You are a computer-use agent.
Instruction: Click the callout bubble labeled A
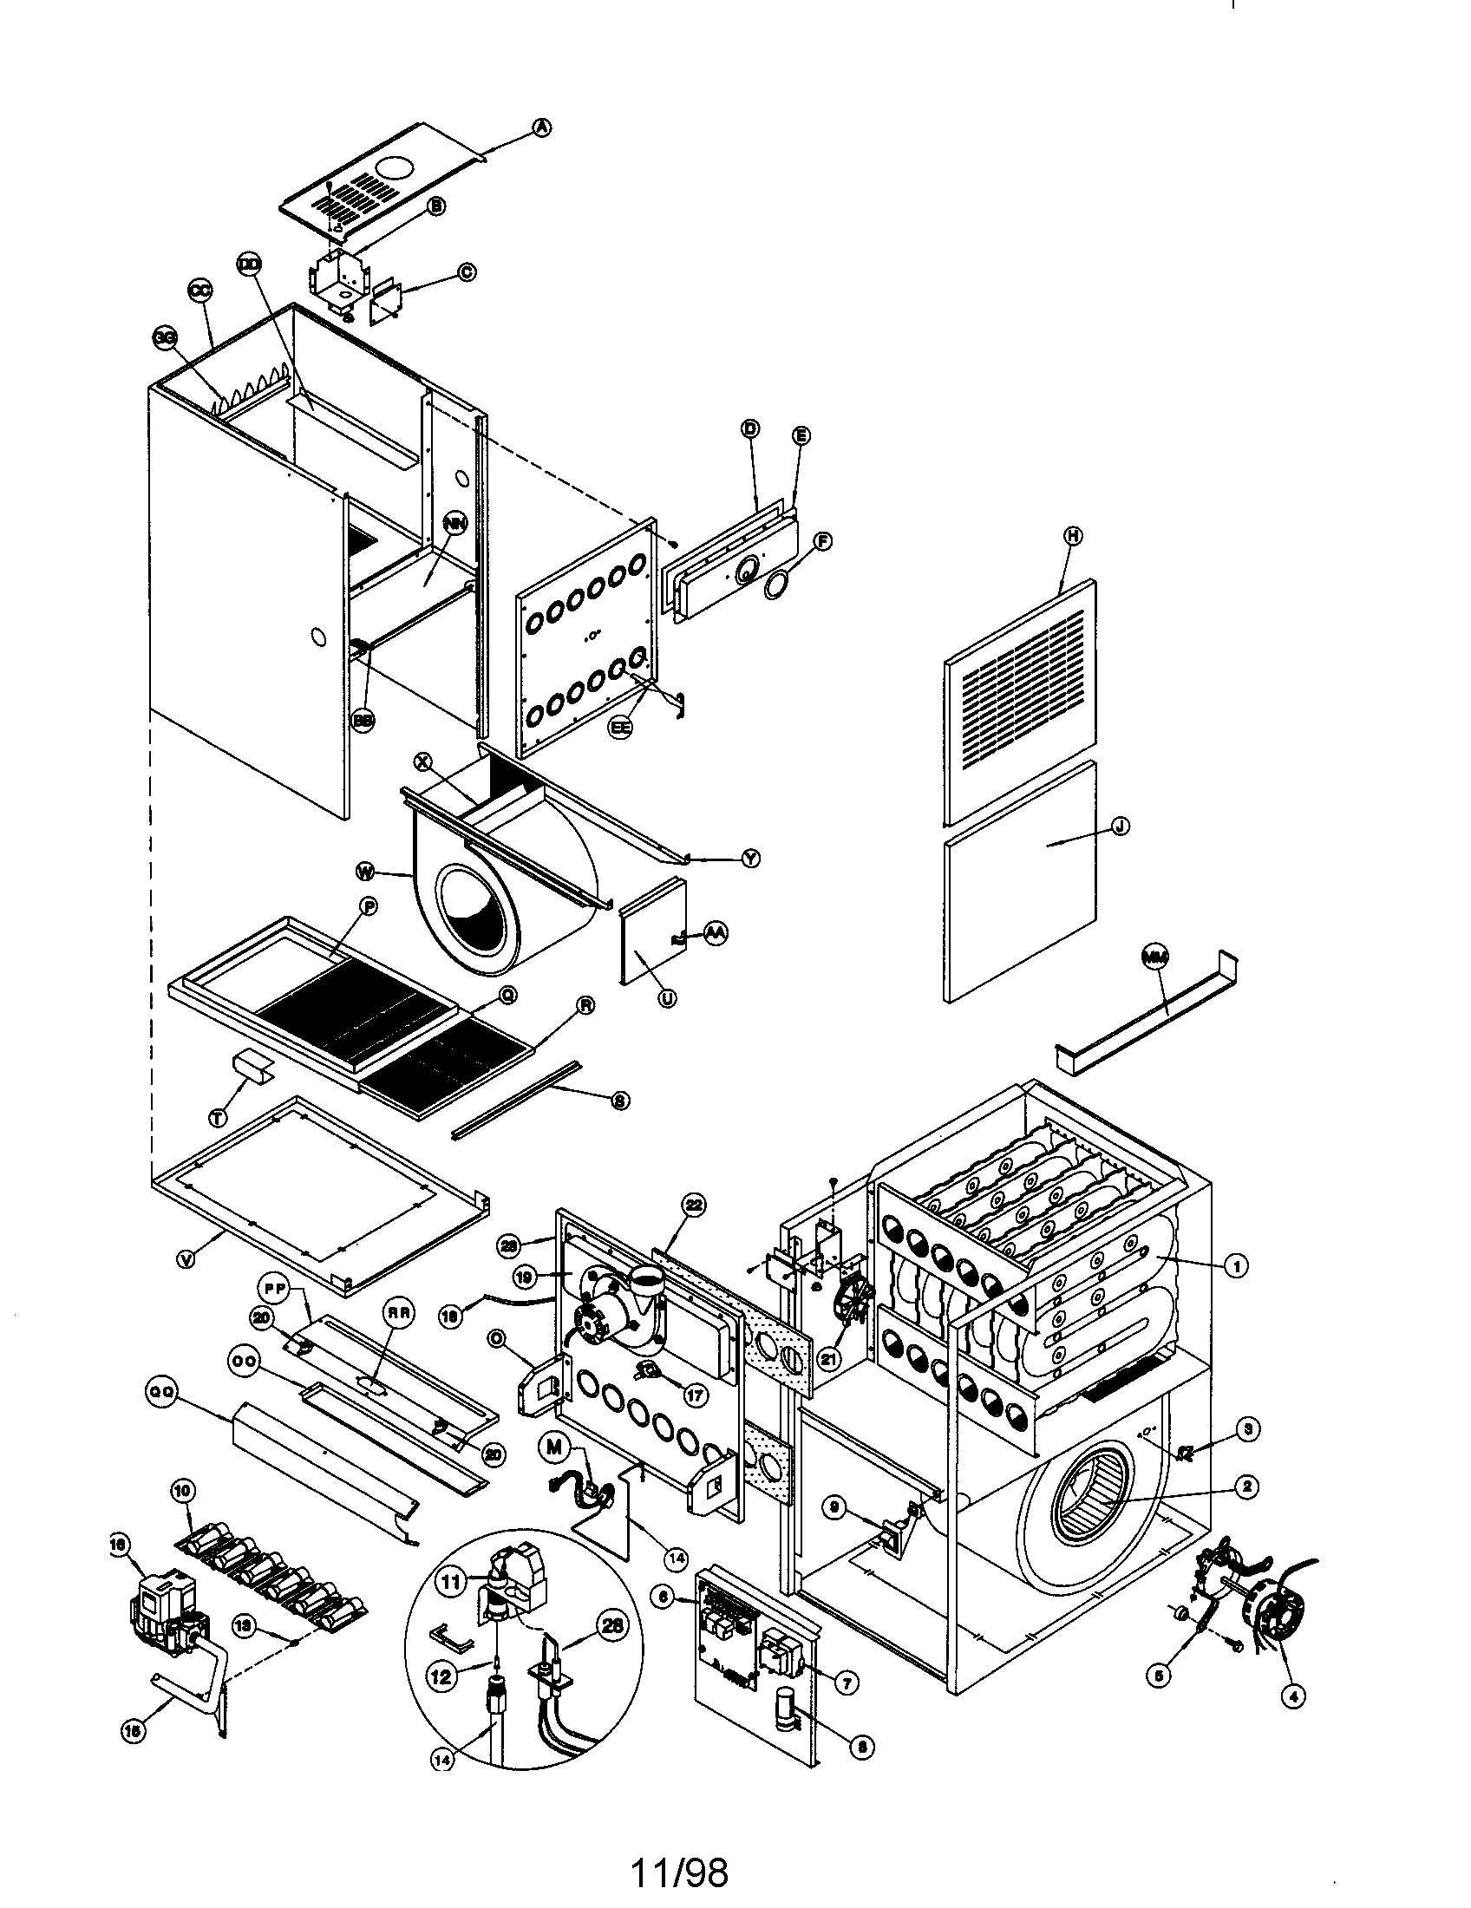pos(542,127)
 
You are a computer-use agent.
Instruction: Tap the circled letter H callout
pos(1073,535)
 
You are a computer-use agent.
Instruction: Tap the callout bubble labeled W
pos(367,870)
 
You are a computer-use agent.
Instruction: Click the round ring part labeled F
pos(774,587)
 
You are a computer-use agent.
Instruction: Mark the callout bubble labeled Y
pos(750,859)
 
